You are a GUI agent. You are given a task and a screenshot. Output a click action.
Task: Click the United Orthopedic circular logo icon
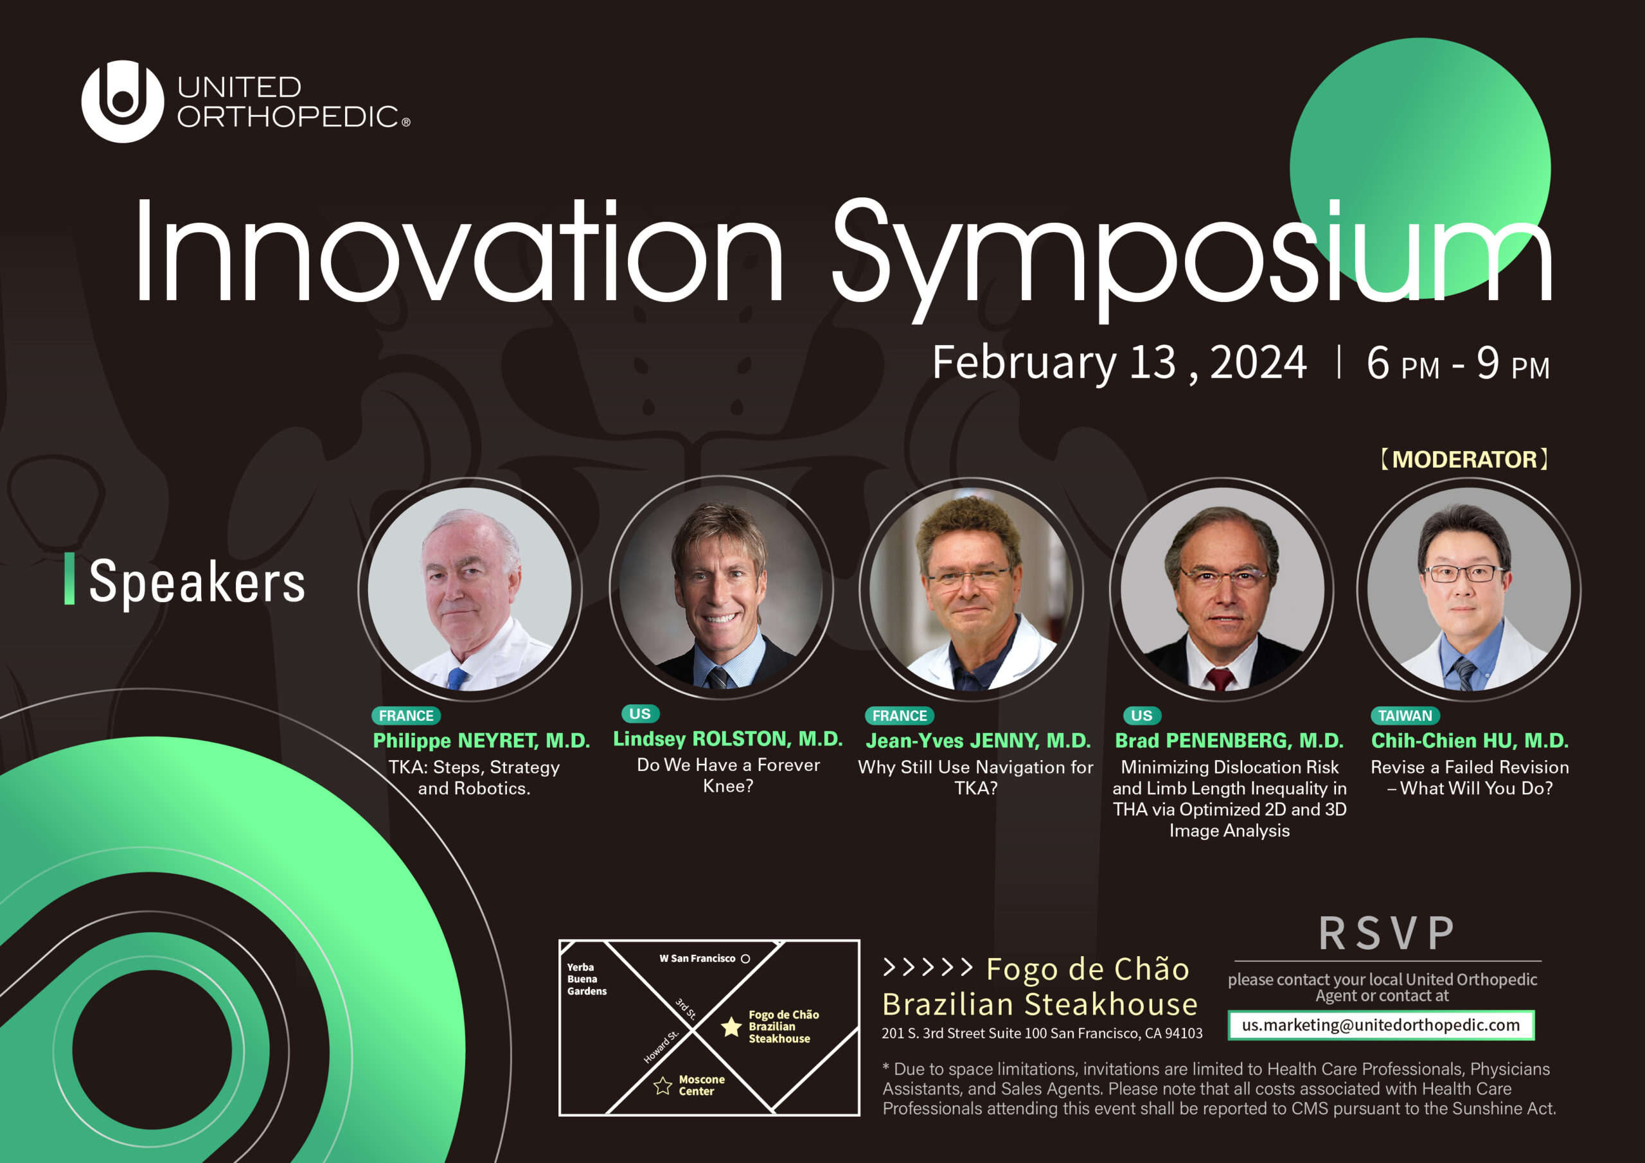click(123, 101)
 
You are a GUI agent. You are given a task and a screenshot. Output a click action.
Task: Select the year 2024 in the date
click(1258, 362)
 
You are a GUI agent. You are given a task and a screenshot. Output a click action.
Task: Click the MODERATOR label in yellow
click(1464, 459)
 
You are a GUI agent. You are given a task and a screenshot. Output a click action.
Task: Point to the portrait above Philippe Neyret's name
click(470, 589)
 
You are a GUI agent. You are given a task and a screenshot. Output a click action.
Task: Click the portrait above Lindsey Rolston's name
click(722, 587)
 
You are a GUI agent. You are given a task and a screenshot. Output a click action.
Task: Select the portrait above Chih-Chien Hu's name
click(1469, 589)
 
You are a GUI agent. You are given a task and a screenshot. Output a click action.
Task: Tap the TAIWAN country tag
click(1405, 716)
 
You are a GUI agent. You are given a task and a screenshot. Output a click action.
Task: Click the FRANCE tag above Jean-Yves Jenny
click(899, 716)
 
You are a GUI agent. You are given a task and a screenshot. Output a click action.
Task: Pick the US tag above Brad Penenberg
click(1141, 716)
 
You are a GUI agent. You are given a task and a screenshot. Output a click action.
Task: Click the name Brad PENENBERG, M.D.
click(1229, 741)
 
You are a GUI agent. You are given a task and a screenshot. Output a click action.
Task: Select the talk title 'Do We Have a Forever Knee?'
click(728, 776)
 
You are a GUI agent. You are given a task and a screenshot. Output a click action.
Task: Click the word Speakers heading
click(197, 581)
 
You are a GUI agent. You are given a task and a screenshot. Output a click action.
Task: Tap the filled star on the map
click(731, 1027)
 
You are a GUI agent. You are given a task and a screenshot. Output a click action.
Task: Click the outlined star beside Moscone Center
click(662, 1086)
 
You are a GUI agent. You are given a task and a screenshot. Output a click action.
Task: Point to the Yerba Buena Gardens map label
click(586, 979)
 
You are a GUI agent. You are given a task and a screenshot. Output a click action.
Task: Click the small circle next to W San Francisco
click(745, 959)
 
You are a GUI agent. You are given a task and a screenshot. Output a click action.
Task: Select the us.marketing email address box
click(1381, 1025)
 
